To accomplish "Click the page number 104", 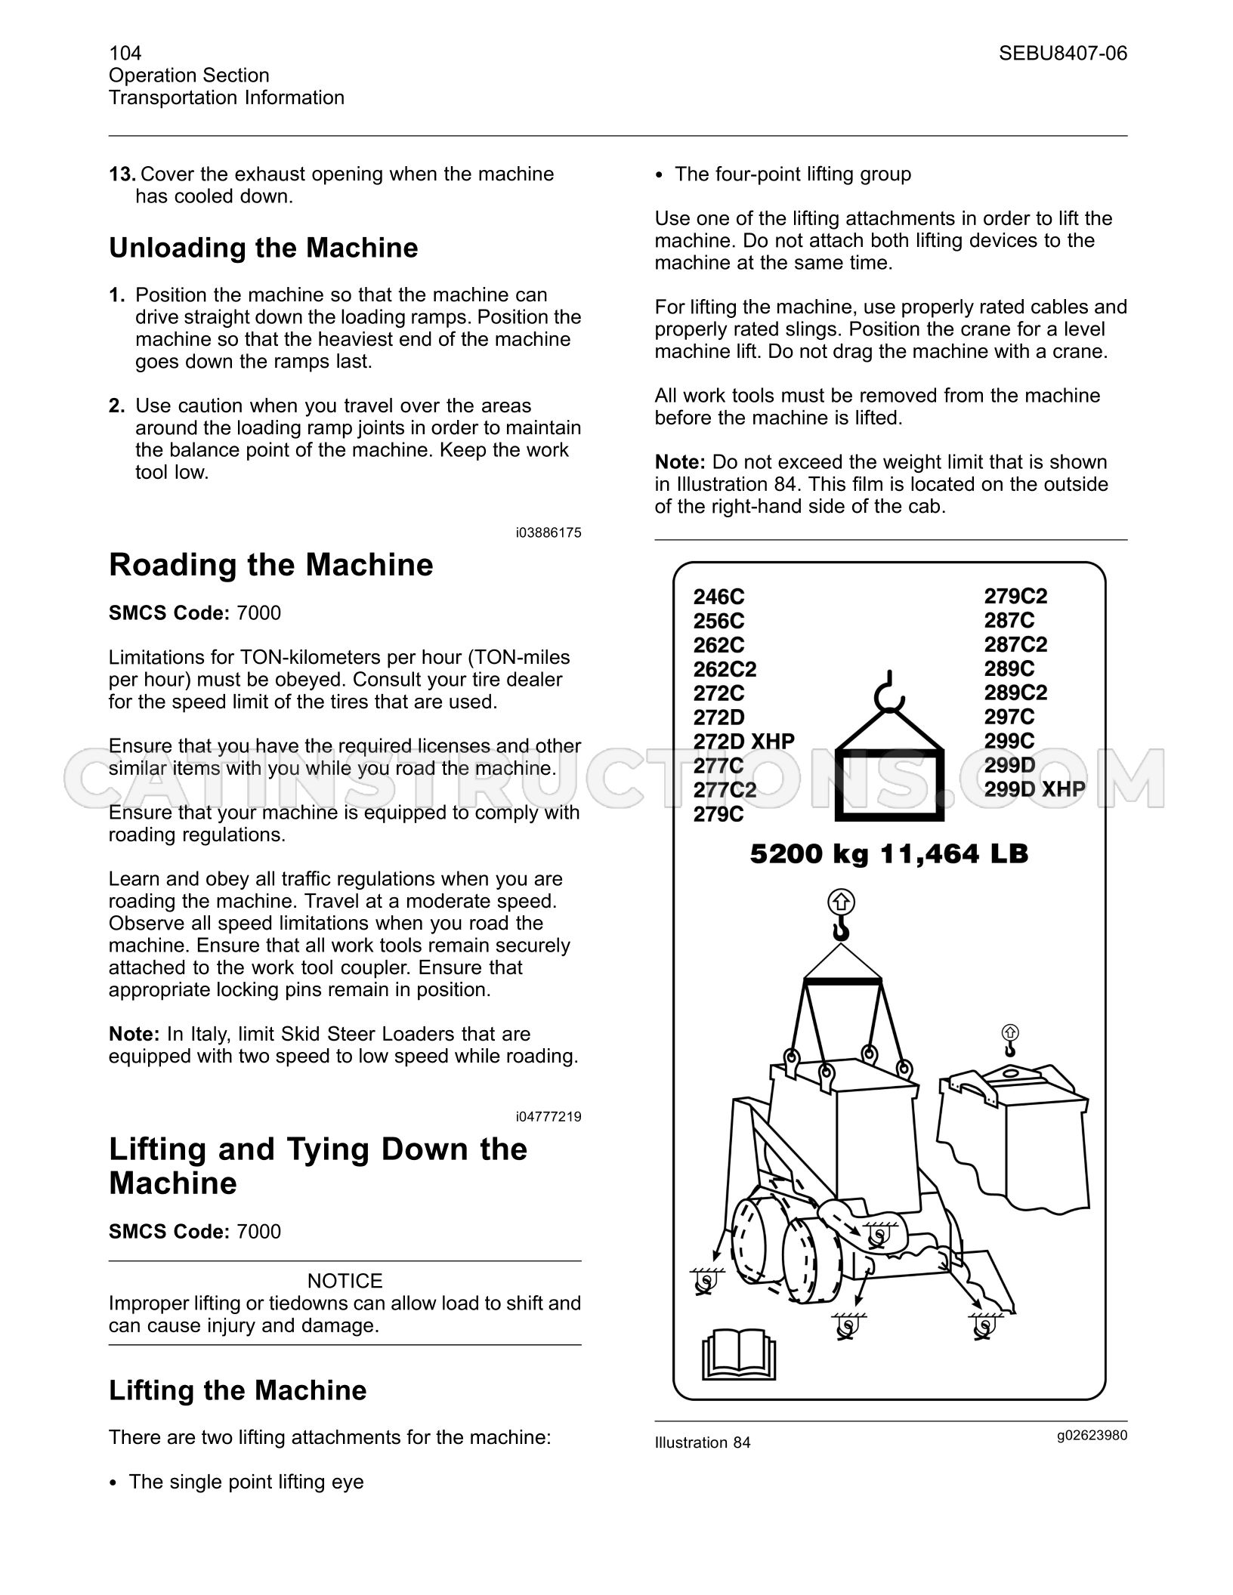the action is pyautogui.click(x=125, y=53).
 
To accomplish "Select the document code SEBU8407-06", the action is pyautogui.click(x=1063, y=53).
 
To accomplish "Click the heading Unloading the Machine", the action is pyautogui.click(x=264, y=248).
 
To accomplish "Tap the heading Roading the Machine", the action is pyautogui.click(x=271, y=565).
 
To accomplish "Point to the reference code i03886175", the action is pyautogui.click(x=549, y=533).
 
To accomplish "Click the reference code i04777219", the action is pyautogui.click(x=549, y=1117).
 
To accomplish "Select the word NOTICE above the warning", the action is pyautogui.click(x=345, y=1281).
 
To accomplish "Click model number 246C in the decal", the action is pyautogui.click(x=719, y=597).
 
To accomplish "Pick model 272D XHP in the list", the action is pyautogui.click(x=744, y=742).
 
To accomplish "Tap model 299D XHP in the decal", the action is pyautogui.click(x=1035, y=789).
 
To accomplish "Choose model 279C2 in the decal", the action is pyautogui.click(x=1016, y=597).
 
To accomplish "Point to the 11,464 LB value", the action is pyautogui.click(x=954, y=854).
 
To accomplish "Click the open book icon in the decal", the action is pyautogui.click(x=739, y=1354).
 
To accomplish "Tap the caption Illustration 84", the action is pyautogui.click(x=703, y=1442).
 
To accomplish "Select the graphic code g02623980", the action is pyautogui.click(x=1092, y=1436).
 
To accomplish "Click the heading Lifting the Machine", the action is pyautogui.click(x=238, y=1390).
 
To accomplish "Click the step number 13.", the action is pyautogui.click(x=122, y=174).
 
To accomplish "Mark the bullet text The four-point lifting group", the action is pyautogui.click(x=793, y=174).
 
